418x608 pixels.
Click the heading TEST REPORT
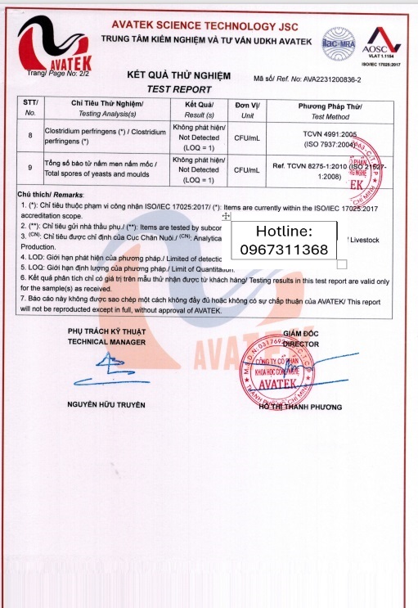[x=178, y=89]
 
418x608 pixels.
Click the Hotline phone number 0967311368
[x=284, y=249]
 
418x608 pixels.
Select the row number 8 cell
[x=30, y=135]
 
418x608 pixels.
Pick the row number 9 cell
[x=30, y=169]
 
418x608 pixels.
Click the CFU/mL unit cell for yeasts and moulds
[x=246, y=169]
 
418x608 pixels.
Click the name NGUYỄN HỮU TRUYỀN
[x=106, y=405]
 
